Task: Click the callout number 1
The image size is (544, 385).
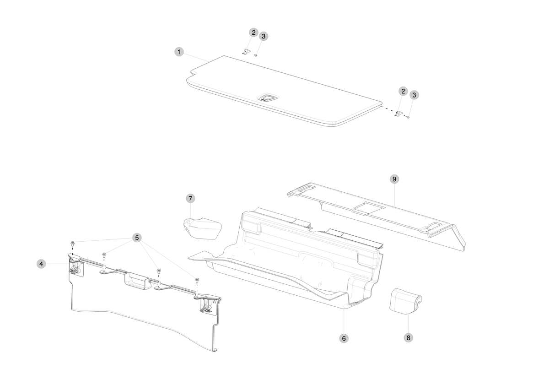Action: click(x=179, y=52)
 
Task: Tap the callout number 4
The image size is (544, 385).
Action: click(x=41, y=264)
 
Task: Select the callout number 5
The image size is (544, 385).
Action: click(x=137, y=238)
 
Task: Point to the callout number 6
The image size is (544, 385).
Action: click(x=344, y=338)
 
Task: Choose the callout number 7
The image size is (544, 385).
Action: click(x=190, y=199)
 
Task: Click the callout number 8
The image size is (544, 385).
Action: click(x=409, y=338)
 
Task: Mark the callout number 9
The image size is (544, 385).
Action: click(x=394, y=179)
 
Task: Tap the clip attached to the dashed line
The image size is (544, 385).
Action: click(x=399, y=114)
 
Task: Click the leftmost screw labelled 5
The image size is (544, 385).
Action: click(x=73, y=244)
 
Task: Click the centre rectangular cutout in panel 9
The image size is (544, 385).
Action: click(x=368, y=207)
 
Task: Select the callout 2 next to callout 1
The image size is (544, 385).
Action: click(x=253, y=33)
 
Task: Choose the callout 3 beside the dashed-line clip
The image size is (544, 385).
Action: click(x=414, y=95)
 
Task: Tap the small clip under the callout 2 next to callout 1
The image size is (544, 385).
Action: click(x=246, y=51)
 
